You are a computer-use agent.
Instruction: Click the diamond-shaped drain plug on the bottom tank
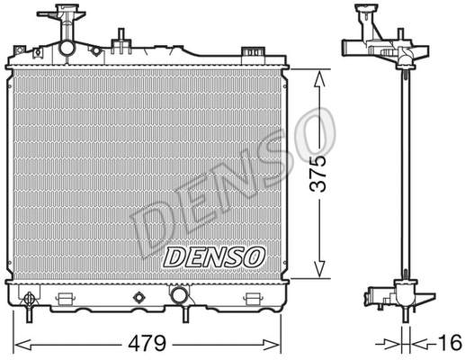click(x=139, y=298)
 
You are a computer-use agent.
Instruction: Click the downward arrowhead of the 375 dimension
click(x=316, y=272)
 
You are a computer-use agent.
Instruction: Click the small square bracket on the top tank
click(x=119, y=39)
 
